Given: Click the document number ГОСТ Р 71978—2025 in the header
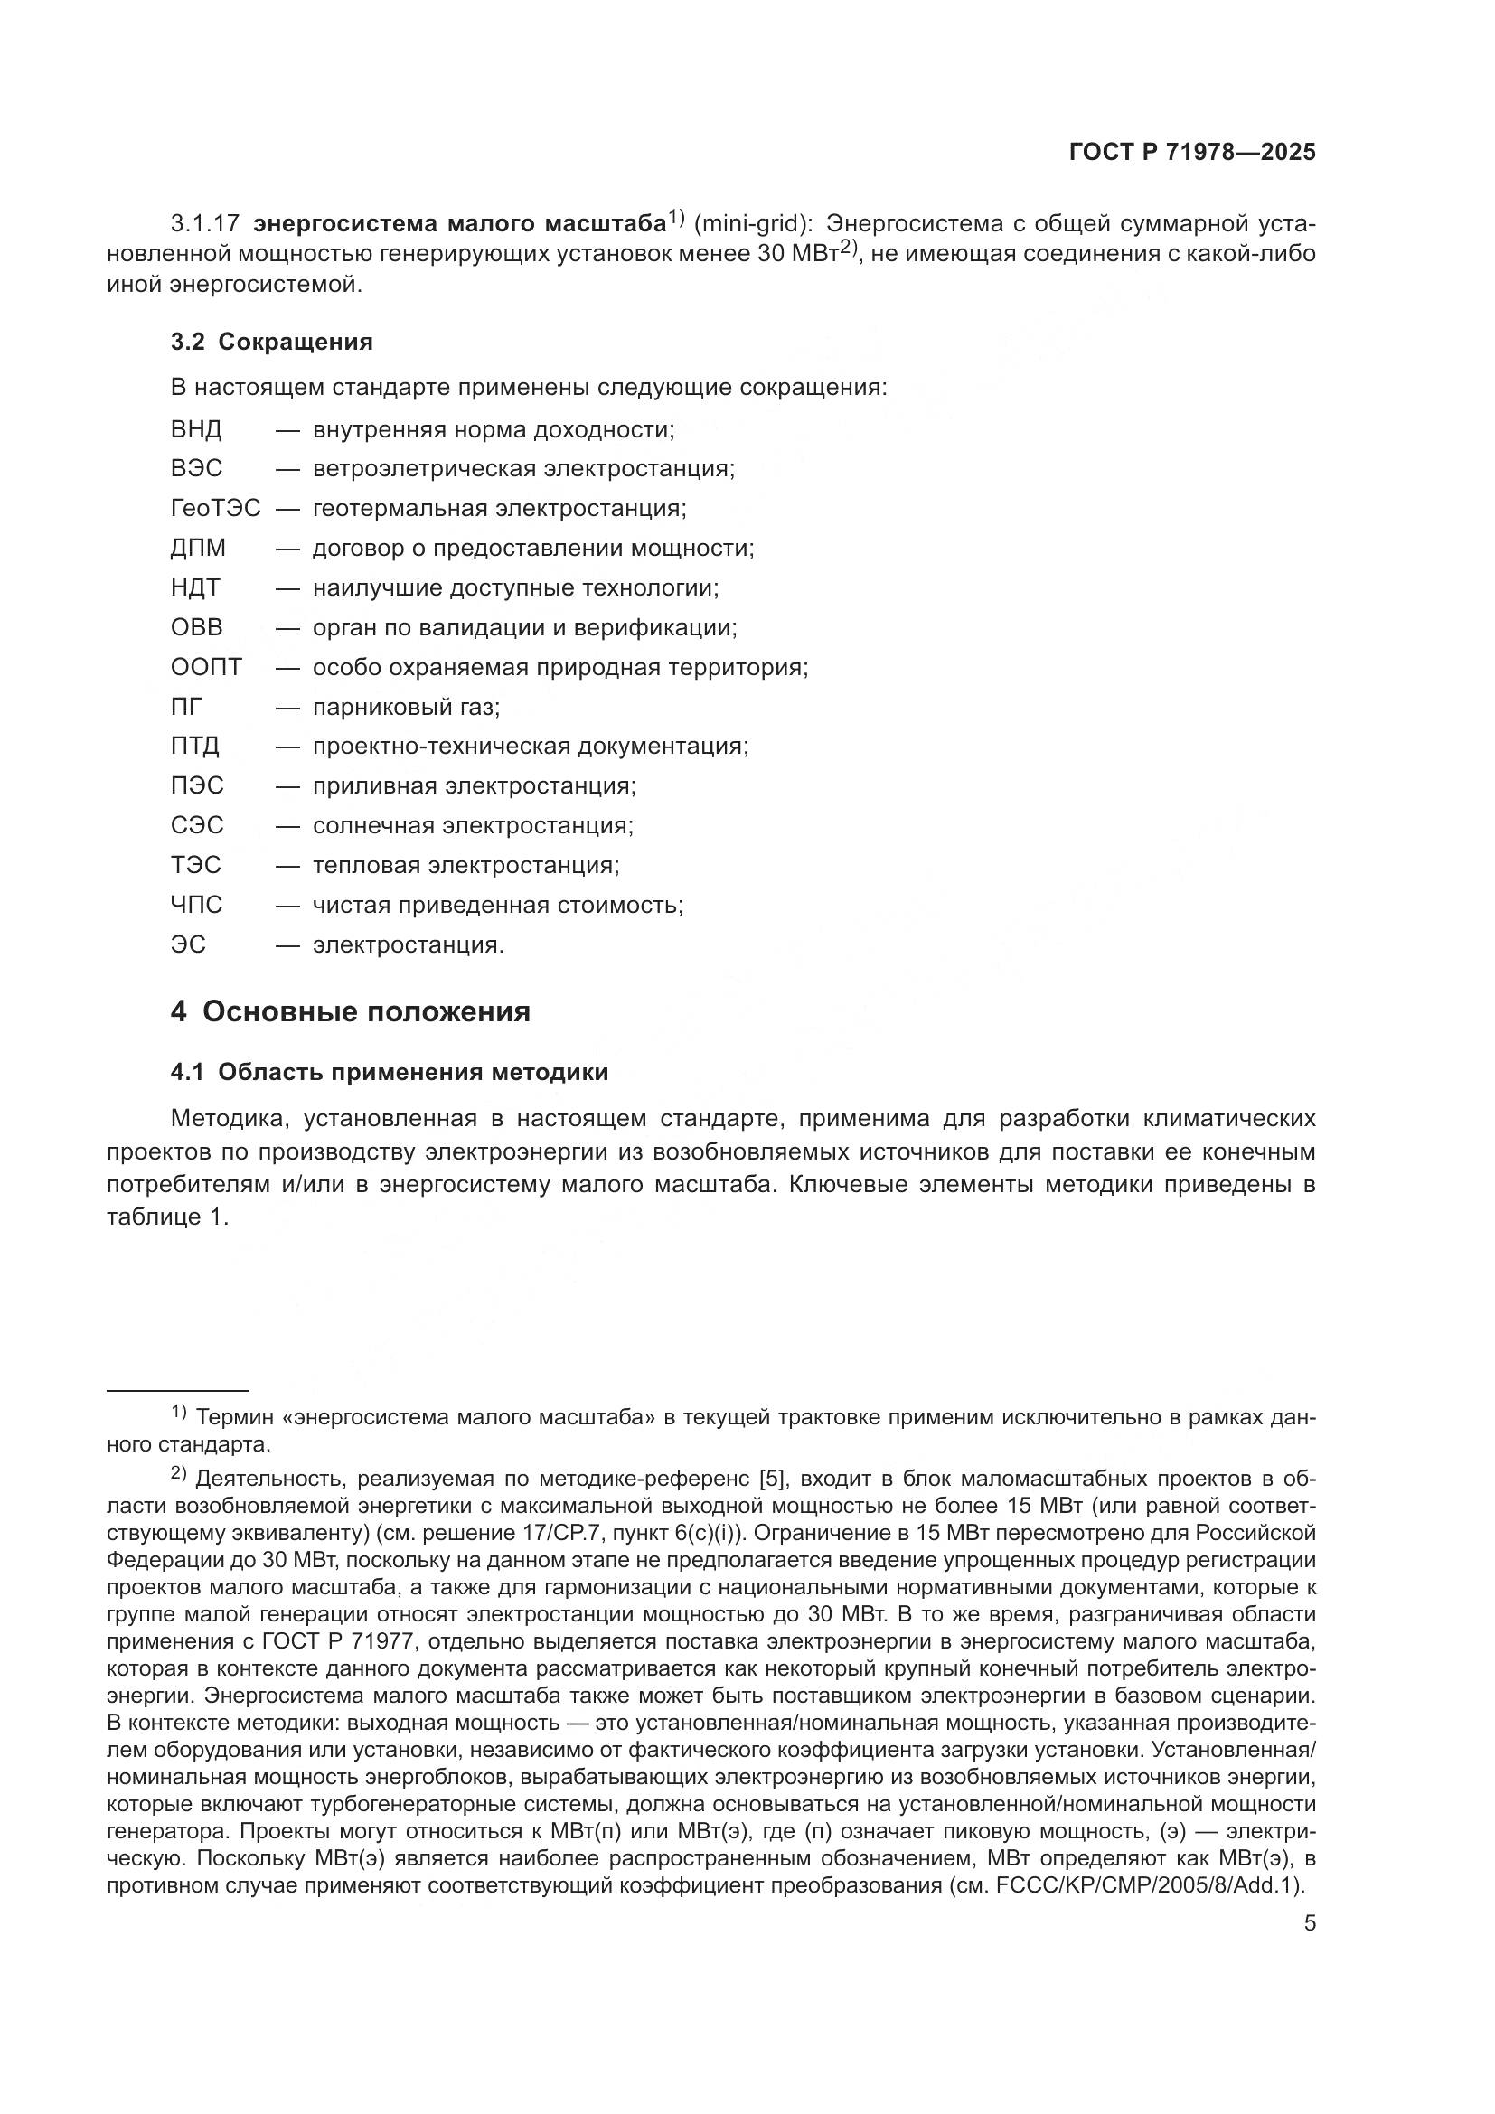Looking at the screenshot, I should (1192, 153).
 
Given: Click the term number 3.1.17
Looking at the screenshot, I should (205, 224).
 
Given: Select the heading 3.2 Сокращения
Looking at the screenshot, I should (271, 343).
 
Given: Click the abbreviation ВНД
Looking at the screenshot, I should (196, 430).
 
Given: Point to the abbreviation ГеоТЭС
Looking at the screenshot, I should (215, 509).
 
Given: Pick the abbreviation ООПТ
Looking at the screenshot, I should (206, 668).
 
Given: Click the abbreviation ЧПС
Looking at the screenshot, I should (196, 905).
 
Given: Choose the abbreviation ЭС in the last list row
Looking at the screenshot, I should (188, 944).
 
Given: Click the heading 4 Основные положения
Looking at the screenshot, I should (350, 1012).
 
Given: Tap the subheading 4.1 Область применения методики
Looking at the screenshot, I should (390, 1073).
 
